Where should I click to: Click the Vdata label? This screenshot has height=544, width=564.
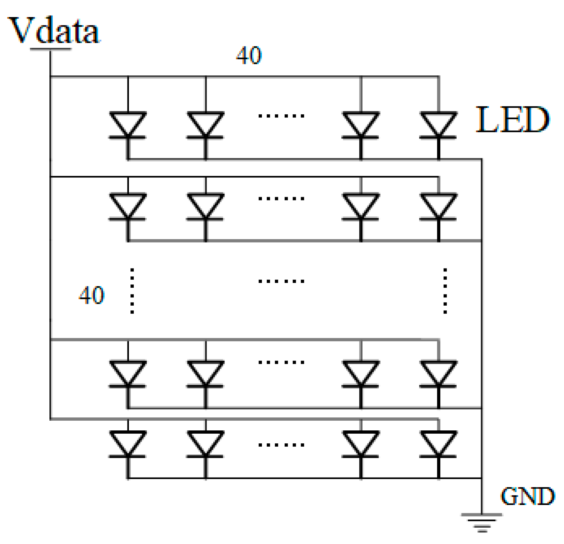tap(54, 31)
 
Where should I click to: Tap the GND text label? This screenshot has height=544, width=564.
tap(527, 496)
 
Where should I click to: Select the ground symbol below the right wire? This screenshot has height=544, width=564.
tap(482, 522)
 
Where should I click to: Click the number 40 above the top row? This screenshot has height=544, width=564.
tap(249, 56)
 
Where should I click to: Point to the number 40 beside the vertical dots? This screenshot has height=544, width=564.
tap(91, 296)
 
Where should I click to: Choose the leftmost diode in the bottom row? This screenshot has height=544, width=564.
tap(128, 444)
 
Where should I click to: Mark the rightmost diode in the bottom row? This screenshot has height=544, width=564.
tap(438, 444)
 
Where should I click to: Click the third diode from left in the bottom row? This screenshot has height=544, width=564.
tap(360, 444)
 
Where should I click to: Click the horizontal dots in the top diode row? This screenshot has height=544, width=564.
tap(281, 116)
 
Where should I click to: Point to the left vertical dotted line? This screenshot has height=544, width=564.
tap(132, 291)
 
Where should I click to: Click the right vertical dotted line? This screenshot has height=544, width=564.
tap(445, 291)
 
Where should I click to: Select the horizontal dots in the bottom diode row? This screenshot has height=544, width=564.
tap(281, 445)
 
